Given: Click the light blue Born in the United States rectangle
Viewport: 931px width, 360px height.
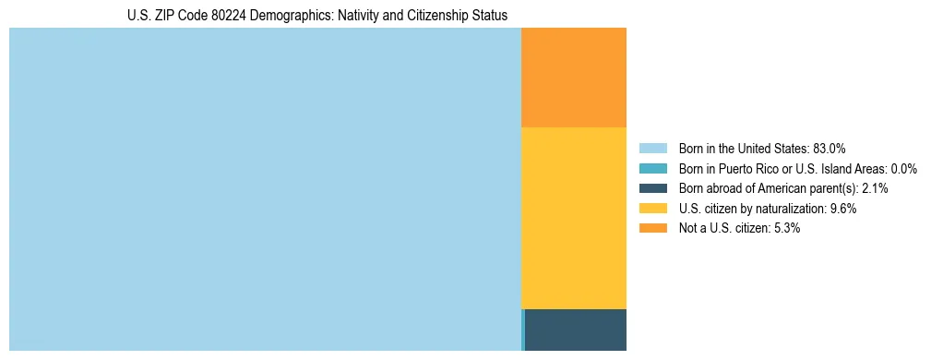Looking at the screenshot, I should click(x=265, y=189).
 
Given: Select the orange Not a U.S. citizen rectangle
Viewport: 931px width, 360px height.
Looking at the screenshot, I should click(x=574, y=78).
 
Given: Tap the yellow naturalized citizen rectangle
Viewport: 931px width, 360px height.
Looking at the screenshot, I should click(x=574, y=218).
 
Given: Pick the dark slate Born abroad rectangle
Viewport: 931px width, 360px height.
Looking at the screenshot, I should click(x=576, y=330).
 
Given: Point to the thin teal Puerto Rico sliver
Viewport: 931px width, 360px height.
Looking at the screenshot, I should click(x=523, y=330).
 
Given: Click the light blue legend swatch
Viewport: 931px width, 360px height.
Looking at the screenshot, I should click(x=653, y=148).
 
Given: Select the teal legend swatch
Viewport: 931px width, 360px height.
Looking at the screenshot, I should click(x=653, y=168).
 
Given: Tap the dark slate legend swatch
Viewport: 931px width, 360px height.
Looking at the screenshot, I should click(x=653, y=188).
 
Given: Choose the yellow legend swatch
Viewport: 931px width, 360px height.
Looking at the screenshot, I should click(x=653, y=209).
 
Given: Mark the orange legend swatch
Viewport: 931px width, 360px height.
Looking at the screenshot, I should click(x=653, y=228).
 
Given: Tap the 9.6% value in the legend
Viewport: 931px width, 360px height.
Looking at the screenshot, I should click(x=843, y=209).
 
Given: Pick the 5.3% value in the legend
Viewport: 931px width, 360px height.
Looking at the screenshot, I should click(x=786, y=228).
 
